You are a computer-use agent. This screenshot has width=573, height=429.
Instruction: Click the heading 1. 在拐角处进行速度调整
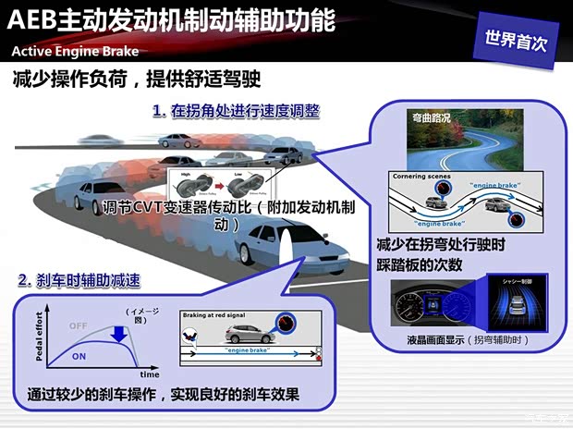(235, 111)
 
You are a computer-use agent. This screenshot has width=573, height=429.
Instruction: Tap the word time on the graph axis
(149, 374)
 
